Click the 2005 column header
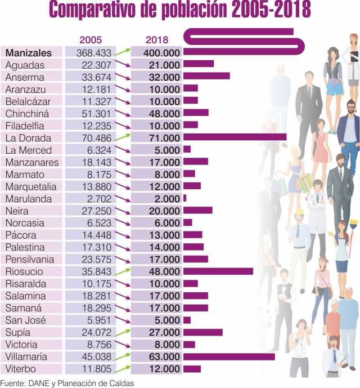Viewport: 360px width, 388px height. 91,39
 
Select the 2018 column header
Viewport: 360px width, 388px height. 157,39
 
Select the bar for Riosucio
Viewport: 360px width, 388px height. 218,271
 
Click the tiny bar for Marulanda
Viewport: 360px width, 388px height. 184,199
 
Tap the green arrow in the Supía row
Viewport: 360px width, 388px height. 123,332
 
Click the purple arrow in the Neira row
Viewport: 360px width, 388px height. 123,211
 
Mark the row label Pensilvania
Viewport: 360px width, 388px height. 30,260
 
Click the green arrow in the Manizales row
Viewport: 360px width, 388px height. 123,52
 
